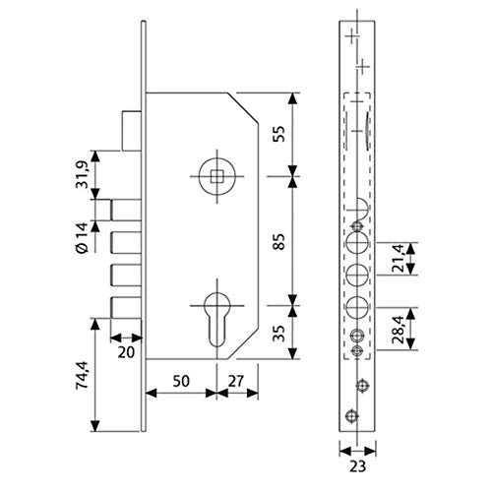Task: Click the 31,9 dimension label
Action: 82,174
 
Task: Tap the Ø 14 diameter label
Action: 82,238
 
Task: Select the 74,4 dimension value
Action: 82,375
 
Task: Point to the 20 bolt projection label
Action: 126,352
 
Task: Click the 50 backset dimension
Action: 181,381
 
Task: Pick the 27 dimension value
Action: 236,381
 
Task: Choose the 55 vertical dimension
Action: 279,134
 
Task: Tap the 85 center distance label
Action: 279,241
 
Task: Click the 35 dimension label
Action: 279,334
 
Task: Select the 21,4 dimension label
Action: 399,259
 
